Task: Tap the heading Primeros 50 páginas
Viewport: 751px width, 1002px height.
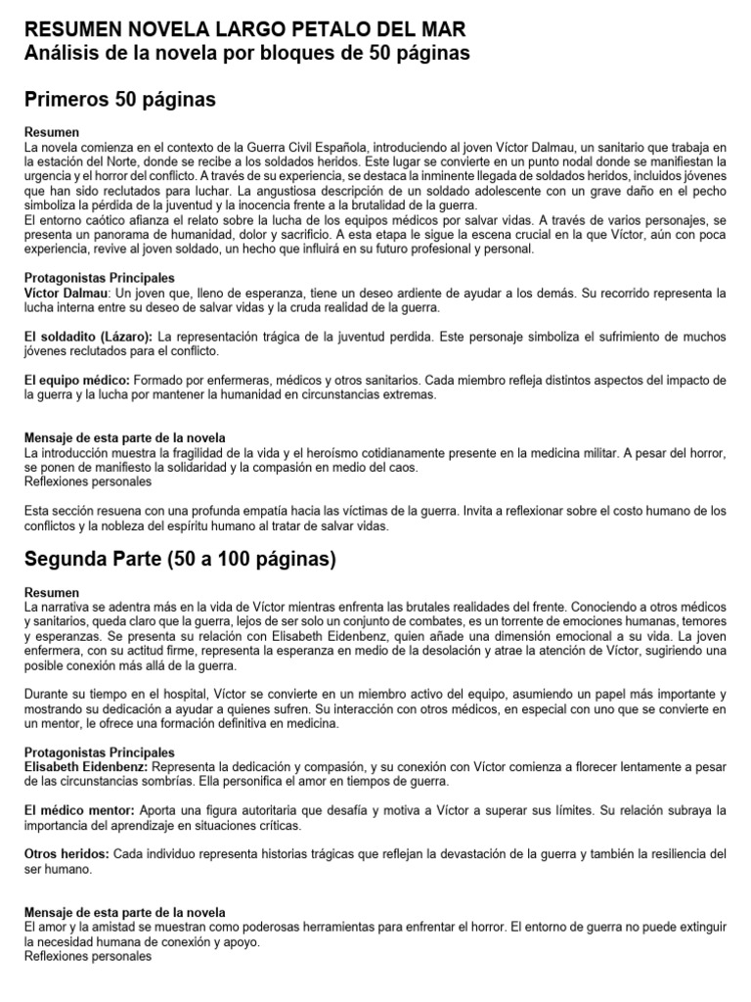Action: [x=119, y=100]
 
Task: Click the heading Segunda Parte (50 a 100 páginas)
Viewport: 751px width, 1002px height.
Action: [x=180, y=560]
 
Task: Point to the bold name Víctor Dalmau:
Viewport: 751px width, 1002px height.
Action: [x=66, y=293]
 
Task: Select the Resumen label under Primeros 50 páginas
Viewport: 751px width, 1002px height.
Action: [x=51, y=131]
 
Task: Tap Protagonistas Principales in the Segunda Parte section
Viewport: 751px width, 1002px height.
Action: [x=99, y=751]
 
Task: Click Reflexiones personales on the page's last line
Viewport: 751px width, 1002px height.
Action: [x=88, y=956]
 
